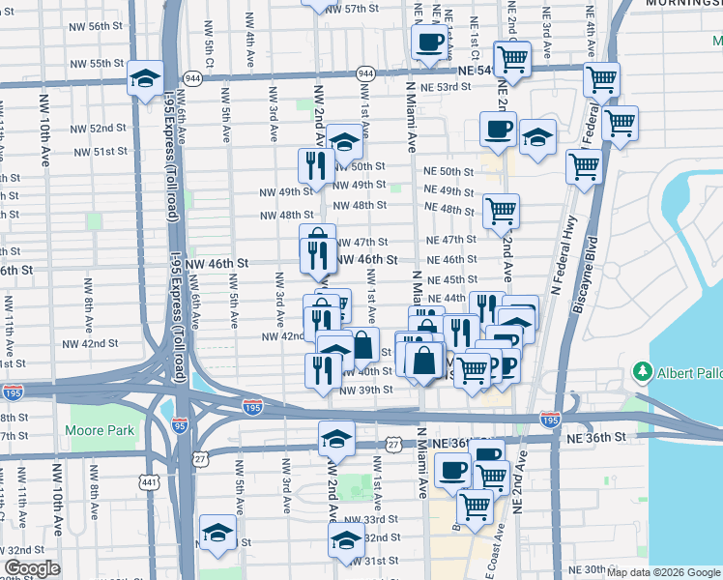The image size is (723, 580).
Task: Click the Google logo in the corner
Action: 32,568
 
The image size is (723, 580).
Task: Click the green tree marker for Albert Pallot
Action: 640,373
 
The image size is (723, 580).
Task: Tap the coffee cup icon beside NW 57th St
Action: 429,42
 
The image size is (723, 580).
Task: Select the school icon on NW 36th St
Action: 334,439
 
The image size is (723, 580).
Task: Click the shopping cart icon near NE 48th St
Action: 501,211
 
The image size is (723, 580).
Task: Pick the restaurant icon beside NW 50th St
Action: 315,165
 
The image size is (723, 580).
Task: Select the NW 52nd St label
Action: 107,128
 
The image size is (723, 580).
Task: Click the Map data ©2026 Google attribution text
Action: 664,572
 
